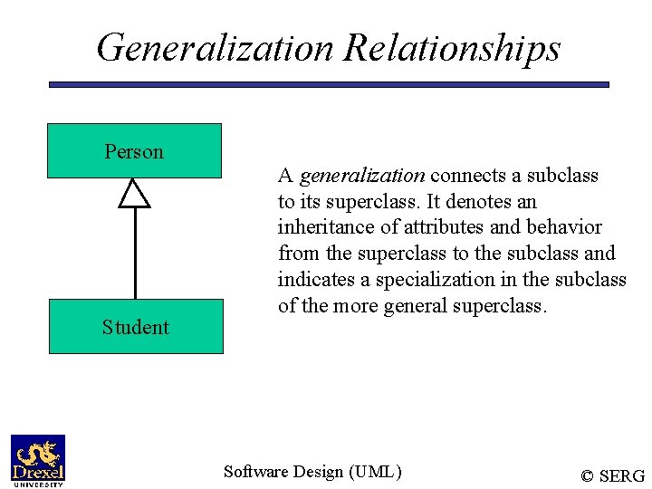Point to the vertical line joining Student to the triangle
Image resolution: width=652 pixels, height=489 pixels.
(x=135, y=254)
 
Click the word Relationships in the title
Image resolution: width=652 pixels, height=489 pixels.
(x=452, y=48)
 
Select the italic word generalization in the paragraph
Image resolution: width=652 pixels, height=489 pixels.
(x=361, y=175)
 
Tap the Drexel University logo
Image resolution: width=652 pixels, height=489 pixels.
(x=38, y=461)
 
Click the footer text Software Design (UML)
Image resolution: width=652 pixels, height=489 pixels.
(x=312, y=471)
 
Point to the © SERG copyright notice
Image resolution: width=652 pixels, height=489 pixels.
(x=612, y=475)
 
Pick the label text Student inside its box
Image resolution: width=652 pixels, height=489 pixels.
(x=135, y=327)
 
